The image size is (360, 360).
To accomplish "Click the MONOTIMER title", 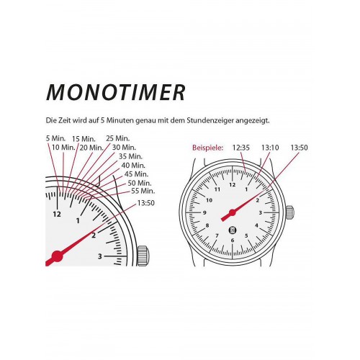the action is (116, 92).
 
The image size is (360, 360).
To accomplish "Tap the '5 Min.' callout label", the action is (55, 138).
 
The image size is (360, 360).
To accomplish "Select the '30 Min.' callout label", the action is (124, 147).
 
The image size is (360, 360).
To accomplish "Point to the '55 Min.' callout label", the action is (143, 191).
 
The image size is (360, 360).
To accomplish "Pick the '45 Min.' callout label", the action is (137, 174).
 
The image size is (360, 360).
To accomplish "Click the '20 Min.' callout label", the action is (91, 148).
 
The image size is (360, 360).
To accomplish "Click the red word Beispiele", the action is (207, 148).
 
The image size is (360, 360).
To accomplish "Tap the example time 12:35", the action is (241, 148).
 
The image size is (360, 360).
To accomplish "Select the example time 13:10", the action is (270, 148).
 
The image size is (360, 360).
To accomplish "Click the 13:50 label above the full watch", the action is (299, 148).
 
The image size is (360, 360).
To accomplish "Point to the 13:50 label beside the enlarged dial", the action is (146, 203).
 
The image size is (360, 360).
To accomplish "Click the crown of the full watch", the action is (289, 212).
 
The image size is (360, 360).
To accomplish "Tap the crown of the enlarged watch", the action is (143, 256).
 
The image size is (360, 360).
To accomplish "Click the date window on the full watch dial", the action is (233, 230).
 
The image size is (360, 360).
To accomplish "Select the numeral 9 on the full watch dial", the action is (204, 212).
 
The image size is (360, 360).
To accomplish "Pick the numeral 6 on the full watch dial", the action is (233, 240).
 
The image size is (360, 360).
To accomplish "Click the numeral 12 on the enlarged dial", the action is (57, 214).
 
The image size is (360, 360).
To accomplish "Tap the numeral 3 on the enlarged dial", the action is (100, 256).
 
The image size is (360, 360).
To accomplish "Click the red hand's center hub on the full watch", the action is (233, 212).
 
